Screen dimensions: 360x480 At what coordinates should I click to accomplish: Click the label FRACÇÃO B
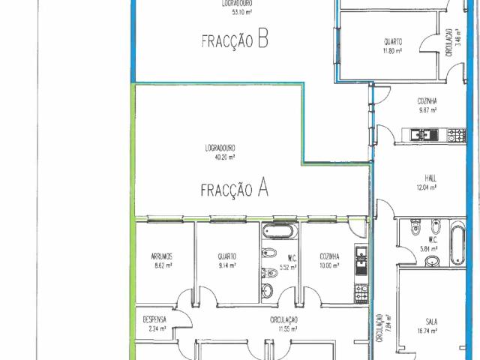(235, 40)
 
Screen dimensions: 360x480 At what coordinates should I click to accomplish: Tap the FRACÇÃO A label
(235, 189)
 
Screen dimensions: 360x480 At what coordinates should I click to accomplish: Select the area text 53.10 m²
(236, 12)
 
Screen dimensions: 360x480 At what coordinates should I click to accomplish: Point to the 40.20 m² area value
(220, 157)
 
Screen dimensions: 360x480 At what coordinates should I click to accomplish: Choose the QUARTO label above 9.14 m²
(227, 256)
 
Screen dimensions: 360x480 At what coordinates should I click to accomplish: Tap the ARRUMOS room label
(161, 256)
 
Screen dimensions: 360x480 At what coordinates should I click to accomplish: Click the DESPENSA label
(154, 319)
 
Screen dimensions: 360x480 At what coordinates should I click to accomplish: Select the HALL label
(430, 178)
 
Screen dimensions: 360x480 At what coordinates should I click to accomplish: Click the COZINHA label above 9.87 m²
(427, 100)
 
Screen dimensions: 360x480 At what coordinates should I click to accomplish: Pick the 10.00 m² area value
(329, 265)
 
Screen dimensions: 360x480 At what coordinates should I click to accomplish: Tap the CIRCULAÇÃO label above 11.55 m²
(284, 319)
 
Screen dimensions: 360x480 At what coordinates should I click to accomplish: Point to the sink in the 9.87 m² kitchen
(422, 135)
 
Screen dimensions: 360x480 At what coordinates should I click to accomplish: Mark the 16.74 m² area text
(430, 331)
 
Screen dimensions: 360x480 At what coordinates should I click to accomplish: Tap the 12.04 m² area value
(430, 187)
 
